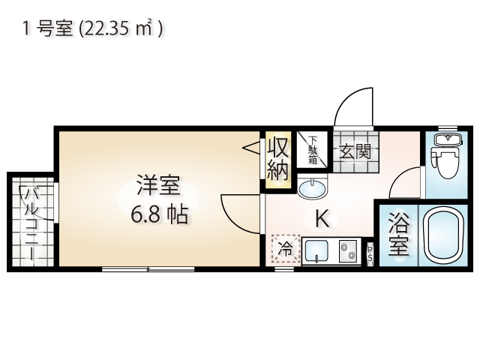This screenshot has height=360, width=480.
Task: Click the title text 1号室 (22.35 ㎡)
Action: (x=93, y=28)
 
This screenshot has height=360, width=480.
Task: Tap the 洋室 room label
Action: (x=158, y=185)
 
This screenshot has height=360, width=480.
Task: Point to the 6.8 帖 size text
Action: (x=159, y=214)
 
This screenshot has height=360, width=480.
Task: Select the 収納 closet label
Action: (x=278, y=159)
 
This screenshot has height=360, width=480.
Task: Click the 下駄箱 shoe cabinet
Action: (x=312, y=150)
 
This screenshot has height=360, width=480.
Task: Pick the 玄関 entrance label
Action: (x=355, y=151)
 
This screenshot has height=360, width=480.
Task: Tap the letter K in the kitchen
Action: (x=322, y=218)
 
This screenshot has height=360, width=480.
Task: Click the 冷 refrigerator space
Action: (x=285, y=249)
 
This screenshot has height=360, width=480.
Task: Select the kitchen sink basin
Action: (x=317, y=251)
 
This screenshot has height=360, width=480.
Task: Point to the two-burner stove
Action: (x=348, y=250)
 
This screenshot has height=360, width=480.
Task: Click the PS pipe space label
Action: (x=370, y=252)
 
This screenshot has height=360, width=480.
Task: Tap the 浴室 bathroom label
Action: (x=398, y=234)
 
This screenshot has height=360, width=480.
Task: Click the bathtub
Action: (x=443, y=235)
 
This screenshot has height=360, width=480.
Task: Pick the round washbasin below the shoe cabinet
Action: (x=312, y=189)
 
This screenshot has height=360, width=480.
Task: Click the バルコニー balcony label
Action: (x=31, y=223)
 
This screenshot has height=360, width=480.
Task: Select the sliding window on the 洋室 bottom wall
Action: (x=148, y=269)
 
